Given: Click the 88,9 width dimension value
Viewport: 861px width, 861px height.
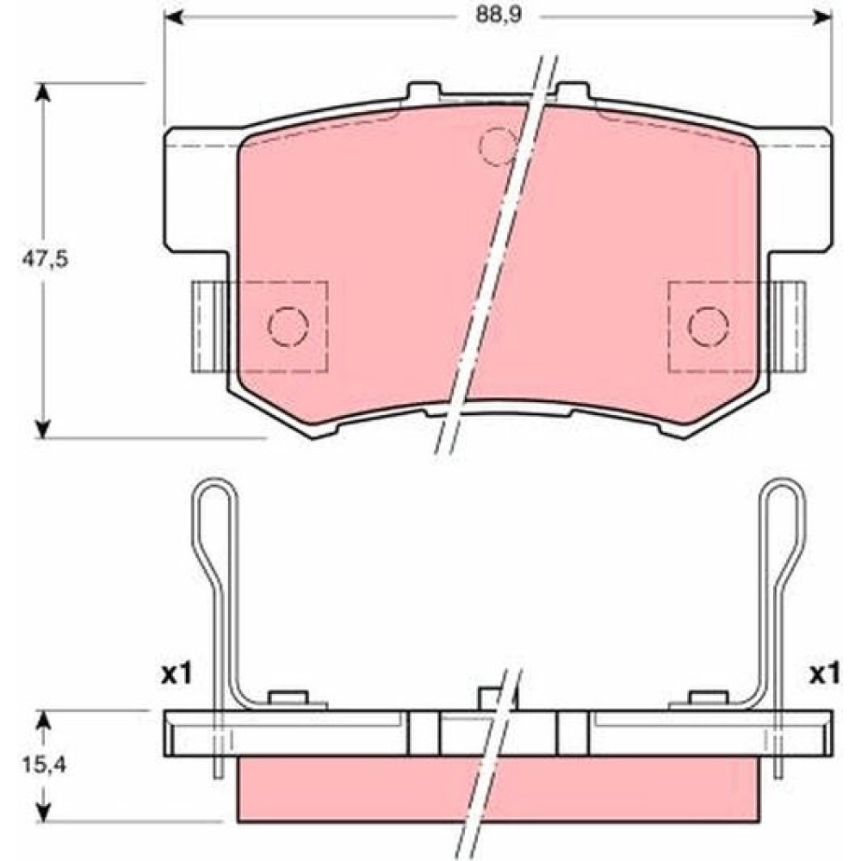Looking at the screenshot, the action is (498, 15).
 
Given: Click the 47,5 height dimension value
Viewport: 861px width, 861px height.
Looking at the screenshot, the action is (45, 259).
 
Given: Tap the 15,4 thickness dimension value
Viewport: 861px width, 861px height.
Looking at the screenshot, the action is (44, 764).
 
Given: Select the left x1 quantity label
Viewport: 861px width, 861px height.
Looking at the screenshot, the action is (177, 674).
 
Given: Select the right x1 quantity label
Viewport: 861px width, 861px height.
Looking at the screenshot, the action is (825, 674).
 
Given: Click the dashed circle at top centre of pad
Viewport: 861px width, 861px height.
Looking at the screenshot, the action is (499, 146).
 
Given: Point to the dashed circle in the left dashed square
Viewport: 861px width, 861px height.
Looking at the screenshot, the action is (288, 326).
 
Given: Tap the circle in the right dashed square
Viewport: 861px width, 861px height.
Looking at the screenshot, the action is (709, 326).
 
